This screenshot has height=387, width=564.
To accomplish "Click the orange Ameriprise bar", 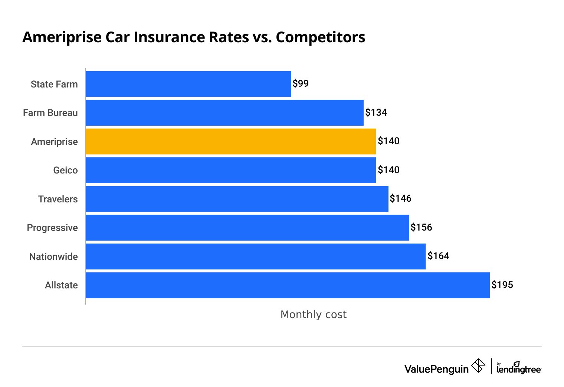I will click(230, 141).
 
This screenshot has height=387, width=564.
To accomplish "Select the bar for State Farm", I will click(188, 84).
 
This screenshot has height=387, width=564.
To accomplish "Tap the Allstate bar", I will click(288, 285).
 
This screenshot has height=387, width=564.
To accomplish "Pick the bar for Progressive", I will click(247, 228).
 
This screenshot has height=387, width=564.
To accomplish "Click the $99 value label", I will click(301, 83).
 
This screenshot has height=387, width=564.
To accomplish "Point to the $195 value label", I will click(502, 285).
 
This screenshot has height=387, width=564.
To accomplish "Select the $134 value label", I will click(376, 112).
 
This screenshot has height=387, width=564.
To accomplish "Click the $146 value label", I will click(400, 198).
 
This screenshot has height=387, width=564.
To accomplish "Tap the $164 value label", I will click(438, 256).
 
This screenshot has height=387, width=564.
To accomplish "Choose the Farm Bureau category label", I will click(50, 113).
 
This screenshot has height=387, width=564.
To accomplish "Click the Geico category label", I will click(65, 170).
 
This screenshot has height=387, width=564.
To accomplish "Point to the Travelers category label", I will click(58, 199).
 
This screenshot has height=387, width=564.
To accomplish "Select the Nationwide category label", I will click(53, 257).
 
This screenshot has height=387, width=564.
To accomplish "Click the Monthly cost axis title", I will click(313, 314).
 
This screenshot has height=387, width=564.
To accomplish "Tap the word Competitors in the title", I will click(321, 37).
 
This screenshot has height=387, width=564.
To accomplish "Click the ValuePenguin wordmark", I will click(436, 369).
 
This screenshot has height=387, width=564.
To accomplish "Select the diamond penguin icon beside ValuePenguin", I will click(478, 365).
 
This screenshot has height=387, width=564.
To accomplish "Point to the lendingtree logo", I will click(519, 368).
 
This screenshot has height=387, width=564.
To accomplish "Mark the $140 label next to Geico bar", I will click(388, 170).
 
